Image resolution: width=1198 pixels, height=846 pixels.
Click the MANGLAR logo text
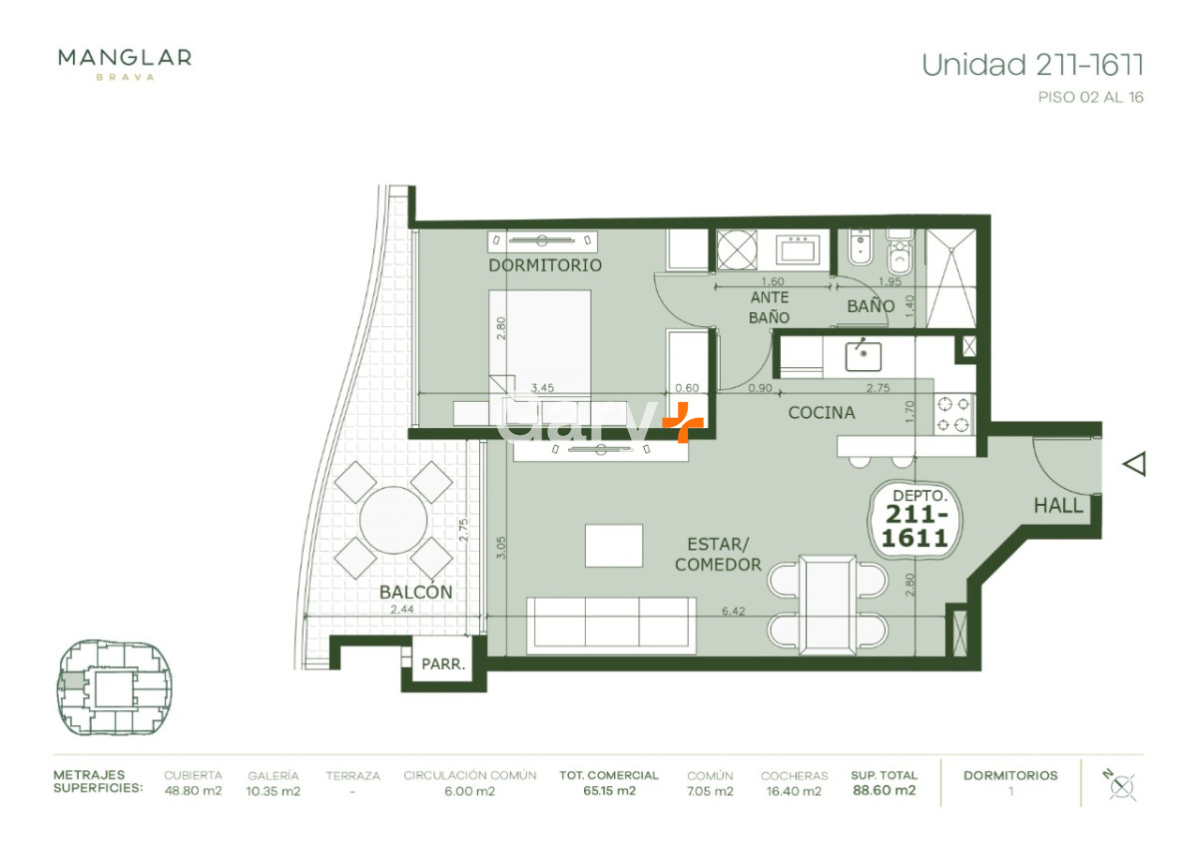click(x=125, y=58)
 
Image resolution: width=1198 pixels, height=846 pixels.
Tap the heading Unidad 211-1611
click(x=1032, y=65)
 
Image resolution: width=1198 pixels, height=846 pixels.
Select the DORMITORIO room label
click(x=545, y=265)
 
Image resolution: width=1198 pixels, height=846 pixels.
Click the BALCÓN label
click(x=415, y=592)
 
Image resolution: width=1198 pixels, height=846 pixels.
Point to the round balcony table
click(x=393, y=520)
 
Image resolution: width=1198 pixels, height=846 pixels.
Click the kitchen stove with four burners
click(x=953, y=414)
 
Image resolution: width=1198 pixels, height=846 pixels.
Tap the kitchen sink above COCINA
click(x=863, y=356)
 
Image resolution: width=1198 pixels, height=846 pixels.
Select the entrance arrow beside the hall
click(x=1134, y=463)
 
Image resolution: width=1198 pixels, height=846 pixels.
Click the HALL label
click(x=1058, y=506)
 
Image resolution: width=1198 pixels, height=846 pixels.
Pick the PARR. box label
click(x=443, y=664)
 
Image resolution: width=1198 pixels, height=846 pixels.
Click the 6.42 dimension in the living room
click(x=733, y=611)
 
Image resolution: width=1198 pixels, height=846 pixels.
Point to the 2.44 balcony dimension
click(x=401, y=610)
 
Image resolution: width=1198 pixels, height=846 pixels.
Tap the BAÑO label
click(x=871, y=305)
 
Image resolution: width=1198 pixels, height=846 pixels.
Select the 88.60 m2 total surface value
click(x=885, y=790)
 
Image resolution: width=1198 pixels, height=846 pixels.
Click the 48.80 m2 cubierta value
click(x=193, y=791)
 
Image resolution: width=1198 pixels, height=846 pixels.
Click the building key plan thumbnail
click(x=114, y=687)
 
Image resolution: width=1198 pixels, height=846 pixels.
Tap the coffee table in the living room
click(x=613, y=545)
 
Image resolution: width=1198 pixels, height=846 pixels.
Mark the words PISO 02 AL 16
click(x=1090, y=97)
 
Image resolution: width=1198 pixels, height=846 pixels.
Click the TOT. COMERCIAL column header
click(x=609, y=775)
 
